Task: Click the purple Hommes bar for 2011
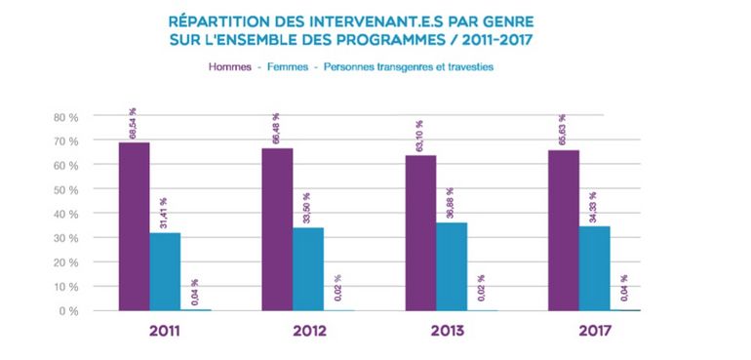click(x=134, y=226)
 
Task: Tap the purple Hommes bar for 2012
click(x=277, y=229)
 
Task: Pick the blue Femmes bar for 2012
click(x=308, y=269)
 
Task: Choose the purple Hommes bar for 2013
click(x=420, y=233)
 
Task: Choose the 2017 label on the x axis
click(x=593, y=331)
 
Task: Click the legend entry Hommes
click(x=228, y=67)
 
